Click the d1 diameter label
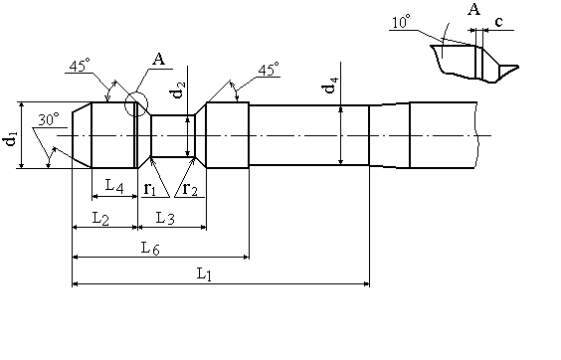tap(11, 139)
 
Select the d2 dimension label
tap(178, 90)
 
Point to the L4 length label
tap(114, 186)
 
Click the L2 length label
tap(100, 219)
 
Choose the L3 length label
tap(165, 218)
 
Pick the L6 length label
tap(150, 248)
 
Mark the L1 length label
tap(204, 274)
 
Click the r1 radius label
tap(149, 188)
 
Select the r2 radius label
tap(190, 188)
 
